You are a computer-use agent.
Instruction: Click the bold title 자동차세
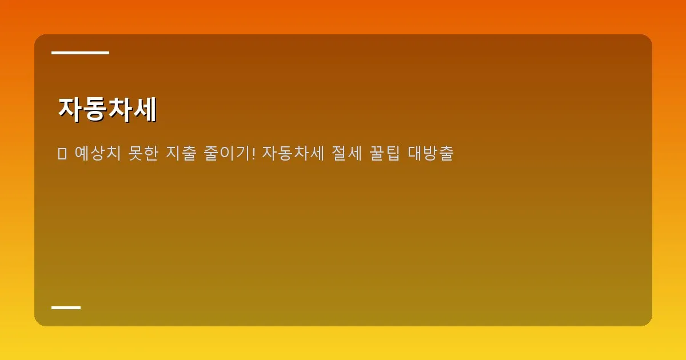[107, 109]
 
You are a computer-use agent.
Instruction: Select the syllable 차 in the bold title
[119, 109]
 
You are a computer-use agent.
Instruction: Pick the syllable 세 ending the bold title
[144, 109]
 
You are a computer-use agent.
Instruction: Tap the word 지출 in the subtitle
[181, 154]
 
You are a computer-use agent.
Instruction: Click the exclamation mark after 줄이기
[253, 154]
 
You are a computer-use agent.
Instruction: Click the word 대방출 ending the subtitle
[431, 154]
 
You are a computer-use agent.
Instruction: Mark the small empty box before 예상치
[62, 154]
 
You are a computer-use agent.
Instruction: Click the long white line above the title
[80, 53]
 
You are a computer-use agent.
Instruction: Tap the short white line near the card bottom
[66, 307]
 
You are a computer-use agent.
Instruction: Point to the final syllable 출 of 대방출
[446, 154]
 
